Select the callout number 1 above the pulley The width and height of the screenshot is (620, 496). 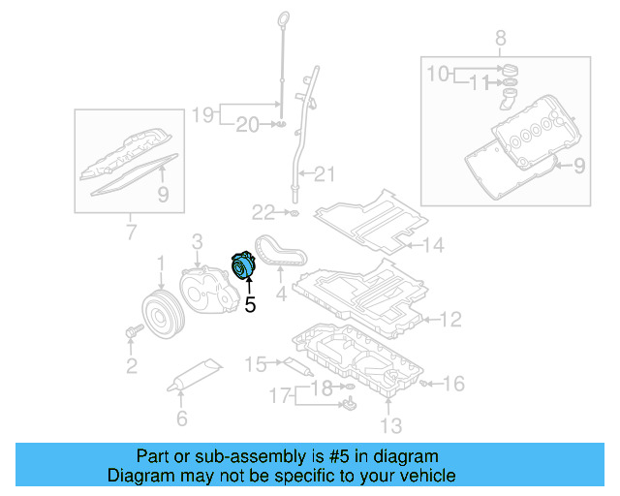click(162, 262)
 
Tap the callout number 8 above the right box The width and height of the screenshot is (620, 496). click(500, 39)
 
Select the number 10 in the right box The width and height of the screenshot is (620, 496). click(438, 73)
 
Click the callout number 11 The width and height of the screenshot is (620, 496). click(475, 82)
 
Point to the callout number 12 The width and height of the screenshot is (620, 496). click(451, 319)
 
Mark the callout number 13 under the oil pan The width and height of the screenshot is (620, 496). click(390, 425)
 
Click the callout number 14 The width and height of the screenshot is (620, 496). click(432, 246)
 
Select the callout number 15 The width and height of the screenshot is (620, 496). click(255, 364)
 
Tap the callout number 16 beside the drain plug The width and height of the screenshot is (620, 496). click(453, 385)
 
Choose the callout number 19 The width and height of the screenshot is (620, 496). click(201, 115)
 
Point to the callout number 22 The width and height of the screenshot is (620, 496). click(263, 211)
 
